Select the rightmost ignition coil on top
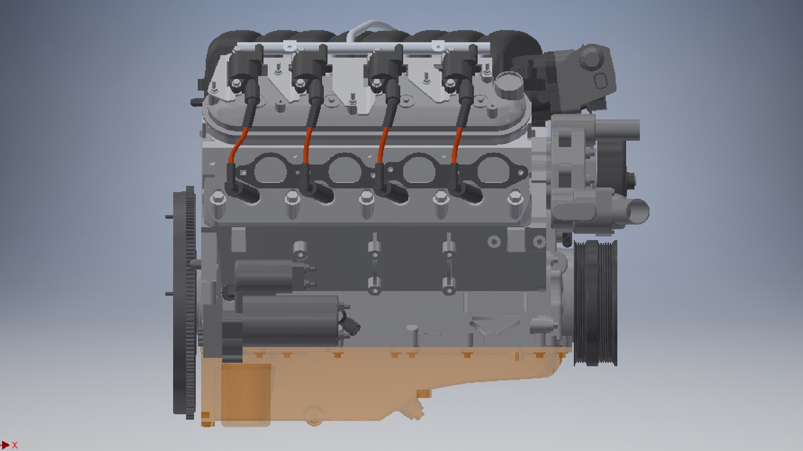tap(460, 67)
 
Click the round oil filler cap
tap(507, 84)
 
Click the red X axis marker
tap(15, 445)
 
